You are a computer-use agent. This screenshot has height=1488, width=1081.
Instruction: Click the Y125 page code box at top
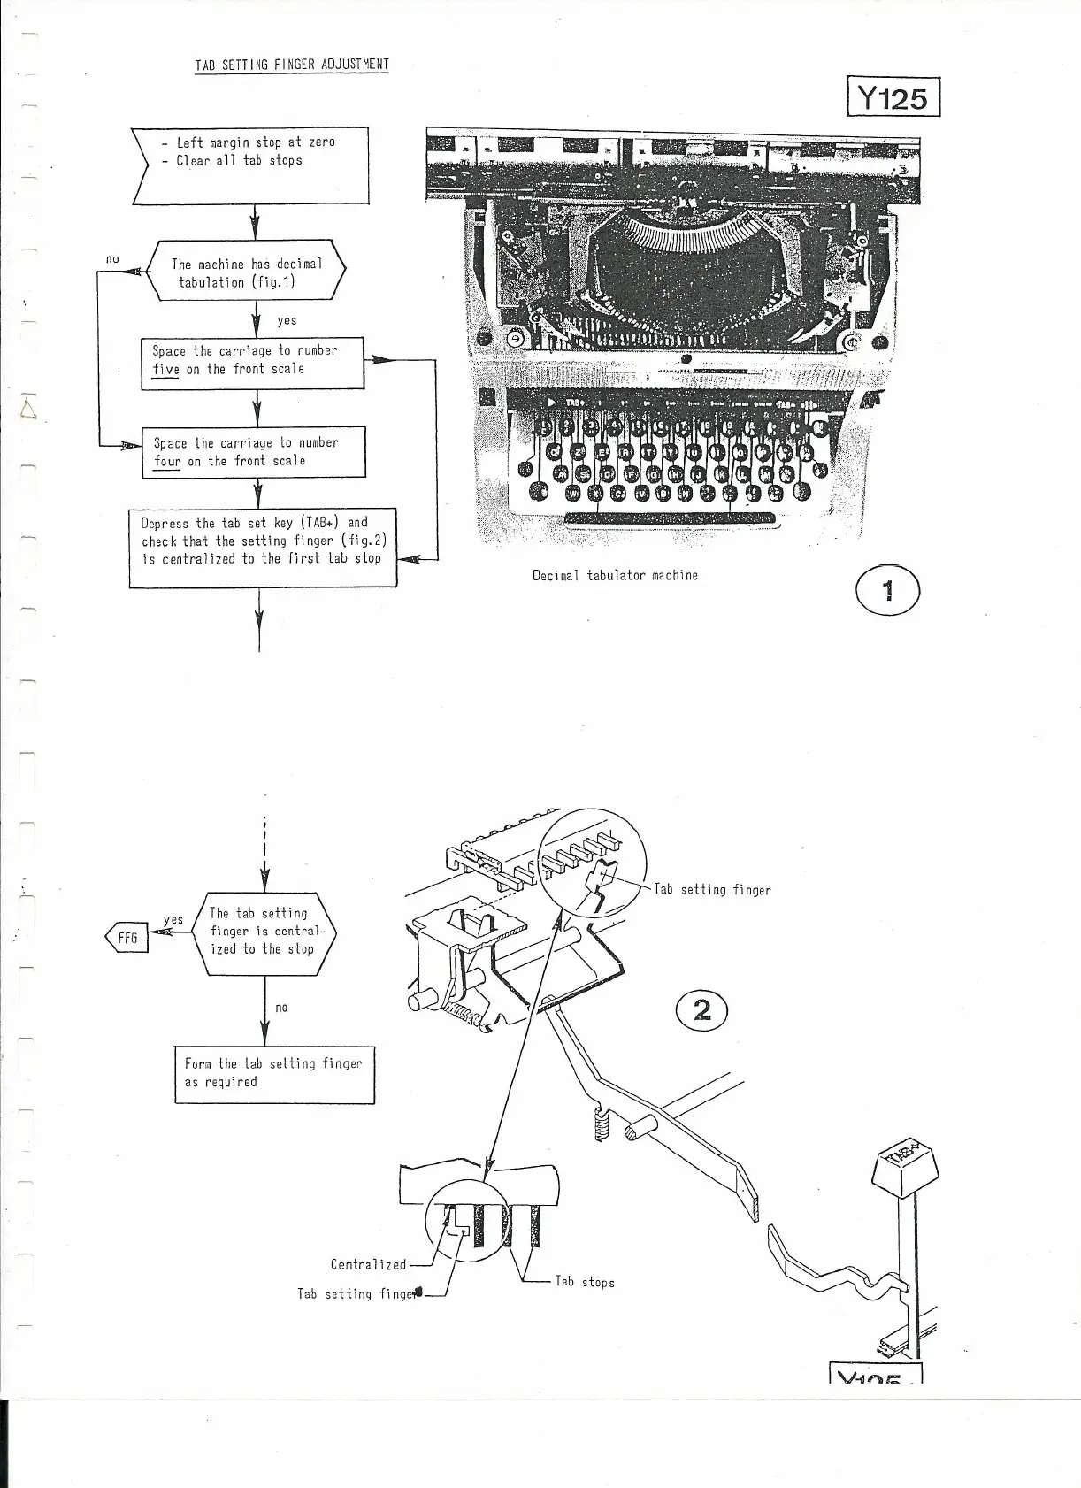[893, 96]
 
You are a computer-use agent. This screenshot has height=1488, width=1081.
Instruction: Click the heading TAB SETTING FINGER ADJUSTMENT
[291, 65]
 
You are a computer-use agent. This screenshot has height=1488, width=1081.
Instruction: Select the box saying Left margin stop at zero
[250, 165]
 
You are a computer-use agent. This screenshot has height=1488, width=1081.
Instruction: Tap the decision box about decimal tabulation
[247, 272]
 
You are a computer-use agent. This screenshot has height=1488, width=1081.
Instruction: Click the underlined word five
[165, 370]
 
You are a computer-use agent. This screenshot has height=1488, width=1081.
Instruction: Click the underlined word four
[166, 462]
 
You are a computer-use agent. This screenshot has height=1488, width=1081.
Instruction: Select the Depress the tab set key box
[263, 547]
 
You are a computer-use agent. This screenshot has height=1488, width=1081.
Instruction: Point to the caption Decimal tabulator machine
[615, 576]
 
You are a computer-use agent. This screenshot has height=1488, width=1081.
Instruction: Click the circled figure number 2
[701, 1009]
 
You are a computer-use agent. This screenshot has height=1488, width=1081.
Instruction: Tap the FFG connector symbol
[127, 938]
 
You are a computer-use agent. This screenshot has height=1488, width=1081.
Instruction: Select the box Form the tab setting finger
[273, 1074]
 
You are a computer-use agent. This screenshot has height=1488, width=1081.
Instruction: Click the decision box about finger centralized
[264, 932]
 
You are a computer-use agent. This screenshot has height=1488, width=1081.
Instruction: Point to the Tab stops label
[584, 1282]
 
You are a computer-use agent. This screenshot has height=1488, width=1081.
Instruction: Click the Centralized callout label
[368, 1265]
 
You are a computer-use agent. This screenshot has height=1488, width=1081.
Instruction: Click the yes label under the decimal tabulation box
[287, 320]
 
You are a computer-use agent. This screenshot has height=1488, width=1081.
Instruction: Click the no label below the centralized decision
[281, 1008]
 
